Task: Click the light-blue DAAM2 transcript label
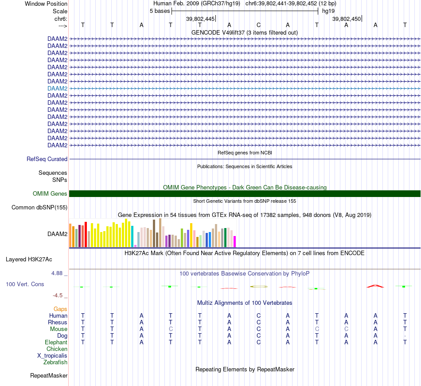57,88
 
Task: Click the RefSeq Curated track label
47,159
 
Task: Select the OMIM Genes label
50,193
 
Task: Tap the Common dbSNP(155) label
39,207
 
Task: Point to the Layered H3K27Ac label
32,259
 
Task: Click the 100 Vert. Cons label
25,284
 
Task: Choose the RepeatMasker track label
49,376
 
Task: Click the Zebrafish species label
55,362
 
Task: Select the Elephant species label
56,342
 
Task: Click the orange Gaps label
60,309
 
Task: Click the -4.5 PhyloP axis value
58,295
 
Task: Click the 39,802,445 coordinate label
200,19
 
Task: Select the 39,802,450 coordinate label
347,19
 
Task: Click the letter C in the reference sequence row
258,25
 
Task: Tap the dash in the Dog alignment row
405,336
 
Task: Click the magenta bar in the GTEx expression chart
234,241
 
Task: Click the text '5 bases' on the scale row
160,11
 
